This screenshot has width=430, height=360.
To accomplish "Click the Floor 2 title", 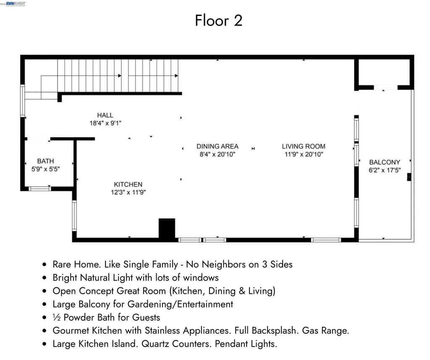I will [218, 21].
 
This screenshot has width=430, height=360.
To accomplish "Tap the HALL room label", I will [105, 115].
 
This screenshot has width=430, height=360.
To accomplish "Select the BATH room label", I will [45, 161].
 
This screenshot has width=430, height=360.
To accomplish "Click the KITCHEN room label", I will [128, 184].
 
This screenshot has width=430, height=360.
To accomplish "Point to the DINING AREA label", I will [217, 146].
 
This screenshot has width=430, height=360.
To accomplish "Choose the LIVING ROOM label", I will [303, 146].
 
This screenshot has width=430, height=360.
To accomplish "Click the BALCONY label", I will [384, 162].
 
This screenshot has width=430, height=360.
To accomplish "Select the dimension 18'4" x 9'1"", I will [105, 123].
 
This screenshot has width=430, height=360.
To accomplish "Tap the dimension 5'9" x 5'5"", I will [45, 170].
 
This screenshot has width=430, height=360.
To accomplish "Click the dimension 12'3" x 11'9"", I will [128, 192].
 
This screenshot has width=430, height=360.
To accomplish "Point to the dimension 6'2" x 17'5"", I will [384, 170].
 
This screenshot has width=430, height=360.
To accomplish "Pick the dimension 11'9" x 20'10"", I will [303, 154].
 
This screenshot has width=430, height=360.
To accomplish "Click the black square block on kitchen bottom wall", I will [167, 229].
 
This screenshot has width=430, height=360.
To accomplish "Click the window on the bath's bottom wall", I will [40, 189].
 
